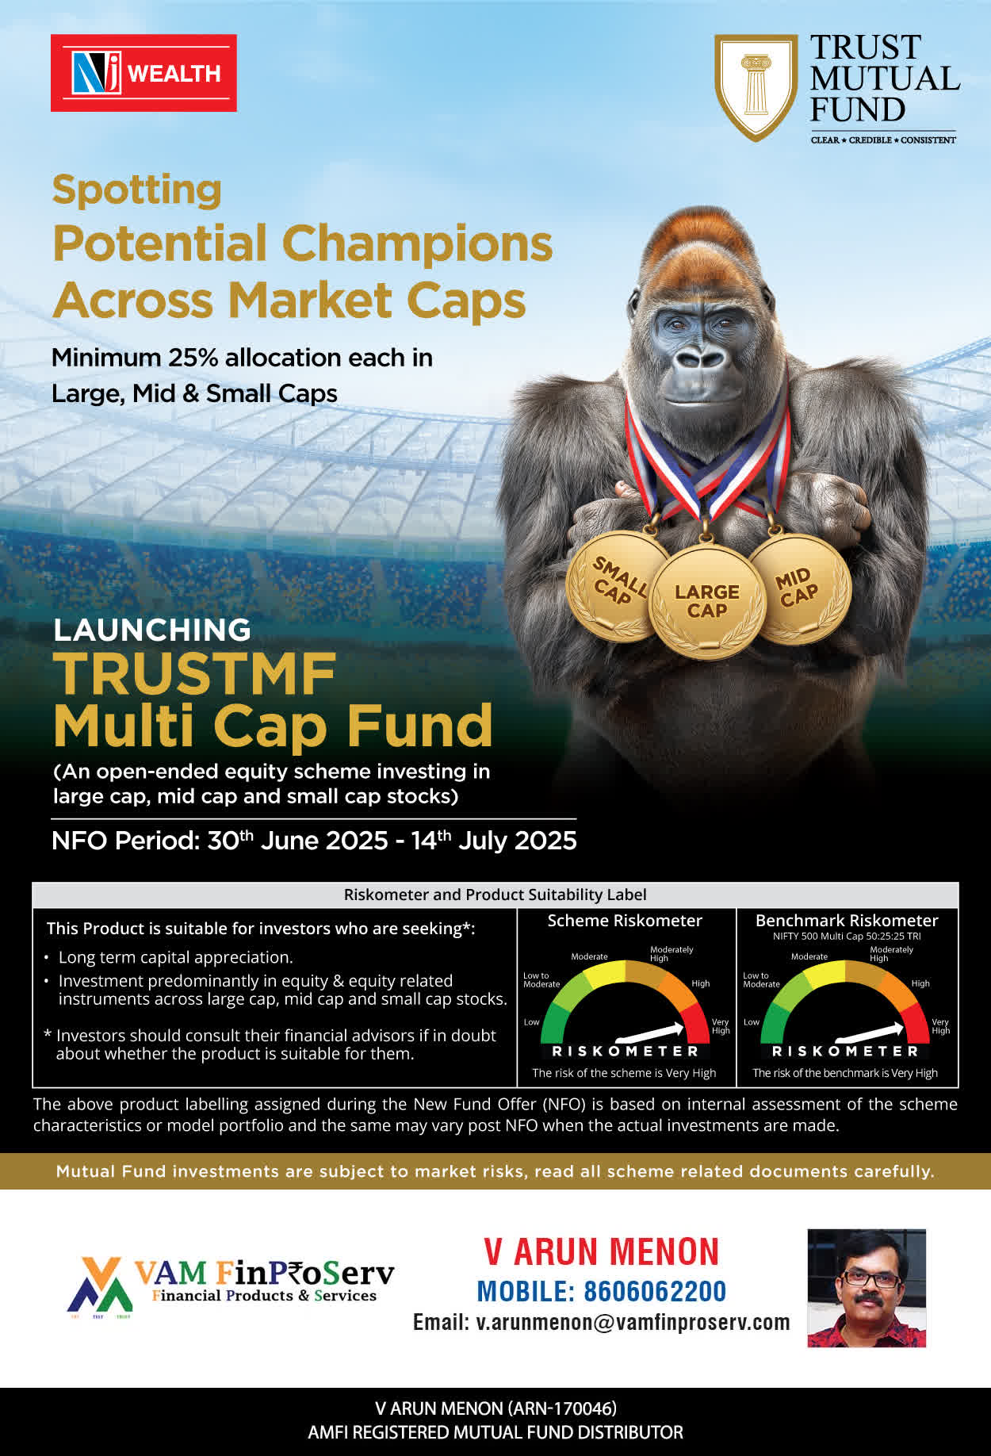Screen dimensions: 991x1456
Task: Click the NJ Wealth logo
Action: (143, 73)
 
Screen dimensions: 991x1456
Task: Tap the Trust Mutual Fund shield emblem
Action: (756, 87)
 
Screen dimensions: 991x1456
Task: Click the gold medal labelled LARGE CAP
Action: (706, 602)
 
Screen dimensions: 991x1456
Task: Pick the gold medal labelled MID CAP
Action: (799, 588)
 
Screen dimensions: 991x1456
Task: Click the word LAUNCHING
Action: (152, 630)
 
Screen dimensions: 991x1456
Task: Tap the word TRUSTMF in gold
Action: (195, 674)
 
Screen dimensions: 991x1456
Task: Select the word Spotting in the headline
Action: (136, 190)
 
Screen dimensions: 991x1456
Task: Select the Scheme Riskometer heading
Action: (625, 921)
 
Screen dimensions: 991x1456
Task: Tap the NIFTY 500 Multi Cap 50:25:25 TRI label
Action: (847, 936)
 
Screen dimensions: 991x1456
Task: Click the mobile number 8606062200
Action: (655, 1291)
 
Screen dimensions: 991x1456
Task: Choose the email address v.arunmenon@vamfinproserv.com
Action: (633, 1323)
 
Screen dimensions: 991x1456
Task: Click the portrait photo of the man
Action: (867, 1288)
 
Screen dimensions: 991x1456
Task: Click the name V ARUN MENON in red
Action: (602, 1252)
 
